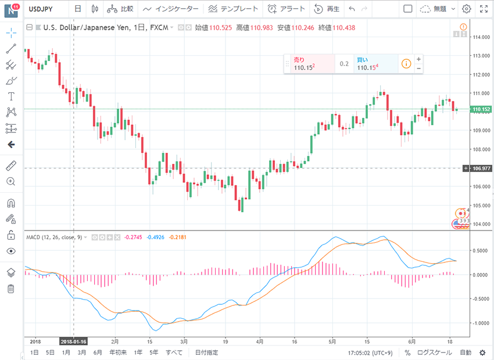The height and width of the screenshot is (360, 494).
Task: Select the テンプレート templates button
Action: point(234,9)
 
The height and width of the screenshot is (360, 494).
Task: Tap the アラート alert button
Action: point(287,9)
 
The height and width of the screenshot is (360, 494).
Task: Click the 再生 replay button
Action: point(327,9)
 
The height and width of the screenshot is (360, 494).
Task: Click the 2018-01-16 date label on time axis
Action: point(73,341)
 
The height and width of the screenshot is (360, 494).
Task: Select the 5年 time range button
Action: point(153,352)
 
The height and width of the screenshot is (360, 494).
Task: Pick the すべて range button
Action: point(174,352)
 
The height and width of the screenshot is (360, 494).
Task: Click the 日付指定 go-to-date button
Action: point(207,352)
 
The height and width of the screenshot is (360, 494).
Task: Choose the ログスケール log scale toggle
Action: point(434,352)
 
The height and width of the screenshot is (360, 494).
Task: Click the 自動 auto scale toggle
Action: point(466,352)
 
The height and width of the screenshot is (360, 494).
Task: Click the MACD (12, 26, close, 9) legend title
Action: point(53,237)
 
